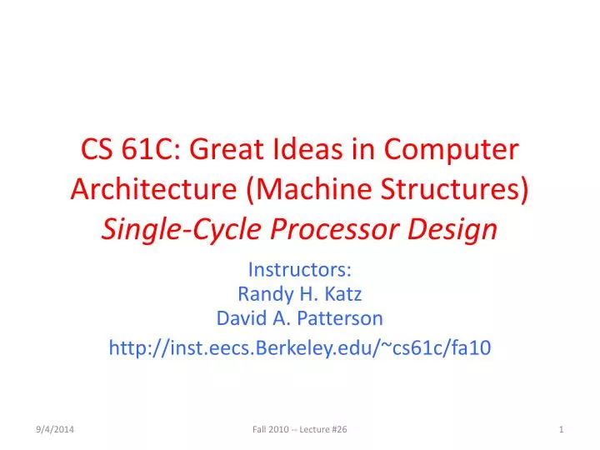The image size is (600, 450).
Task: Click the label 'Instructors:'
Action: [300, 270]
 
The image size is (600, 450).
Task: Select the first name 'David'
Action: [241, 317]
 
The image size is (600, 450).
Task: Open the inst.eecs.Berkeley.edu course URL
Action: [300, 349]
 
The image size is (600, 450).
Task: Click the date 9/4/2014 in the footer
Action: [56, 428]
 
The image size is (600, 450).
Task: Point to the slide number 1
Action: [562, 428]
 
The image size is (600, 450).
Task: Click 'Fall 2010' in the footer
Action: [268, 428]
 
